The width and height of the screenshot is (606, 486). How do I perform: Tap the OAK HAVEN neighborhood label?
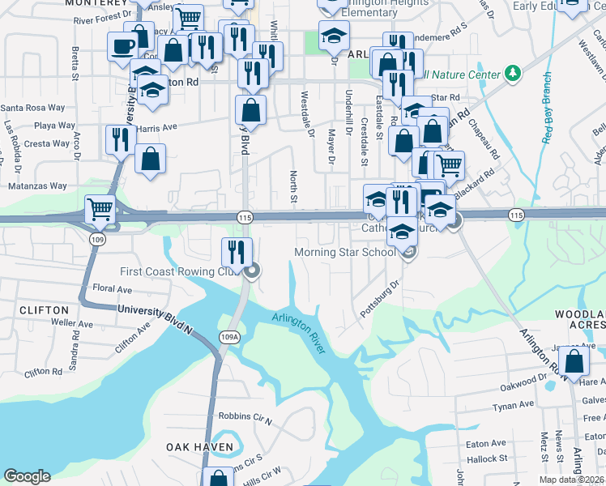coord(199,447)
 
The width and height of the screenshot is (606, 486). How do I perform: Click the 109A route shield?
coord(229,337)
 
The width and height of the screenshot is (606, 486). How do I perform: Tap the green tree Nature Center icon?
coord(512,75)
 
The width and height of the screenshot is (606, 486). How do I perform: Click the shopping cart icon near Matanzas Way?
coord(100,209)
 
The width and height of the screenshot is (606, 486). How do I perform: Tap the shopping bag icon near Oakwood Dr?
coord(574,360)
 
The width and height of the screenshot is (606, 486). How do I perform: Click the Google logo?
coord(27,476)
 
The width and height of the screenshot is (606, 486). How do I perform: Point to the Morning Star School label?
coord(345,252)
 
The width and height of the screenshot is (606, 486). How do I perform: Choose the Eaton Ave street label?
coord(486,443)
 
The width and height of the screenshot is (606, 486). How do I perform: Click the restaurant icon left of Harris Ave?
coord(120,139)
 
